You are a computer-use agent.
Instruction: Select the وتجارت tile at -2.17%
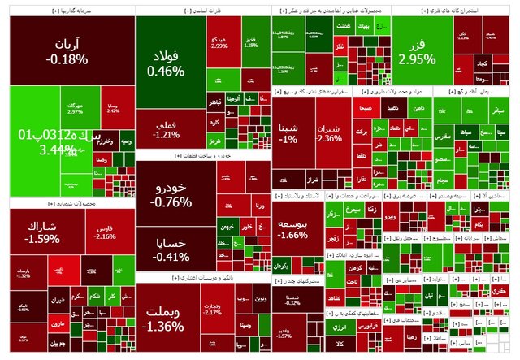pos(213,309)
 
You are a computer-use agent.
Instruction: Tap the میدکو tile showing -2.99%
pos(219,42)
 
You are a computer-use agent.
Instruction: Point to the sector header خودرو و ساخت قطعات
pos(203,155)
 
